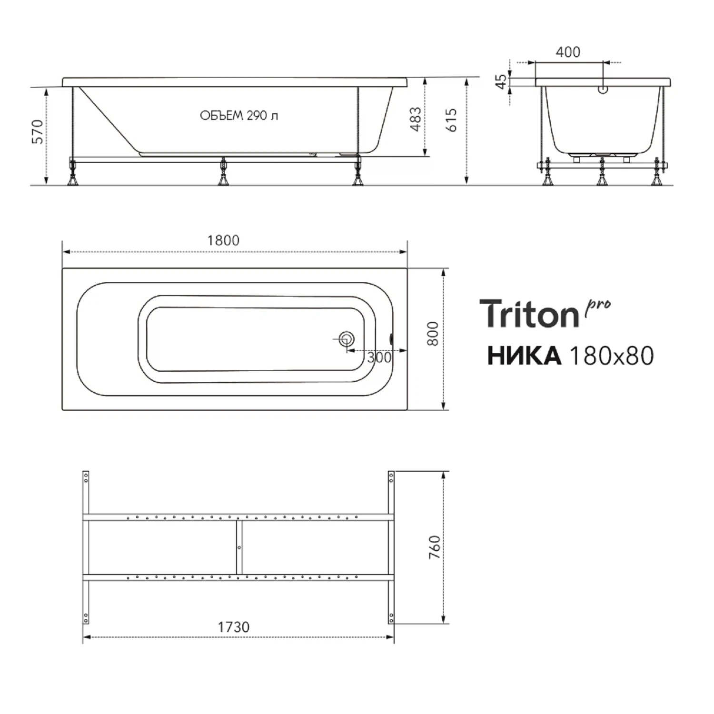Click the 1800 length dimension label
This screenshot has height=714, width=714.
pos(223,240)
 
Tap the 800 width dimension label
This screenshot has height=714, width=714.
pos(433,334)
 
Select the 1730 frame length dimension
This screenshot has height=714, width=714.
pos(234,627)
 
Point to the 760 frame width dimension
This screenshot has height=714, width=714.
pos(435,547)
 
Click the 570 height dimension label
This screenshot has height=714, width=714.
pos(38,132)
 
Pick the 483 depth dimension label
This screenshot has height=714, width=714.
pos(416,119)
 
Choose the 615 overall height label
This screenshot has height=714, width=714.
pos(451,120)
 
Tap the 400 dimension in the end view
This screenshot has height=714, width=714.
pos(568,52)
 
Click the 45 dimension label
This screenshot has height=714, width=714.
pos(501,81)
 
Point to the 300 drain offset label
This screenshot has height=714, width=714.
pos(379,357)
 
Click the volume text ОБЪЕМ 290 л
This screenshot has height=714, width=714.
pos(239,116)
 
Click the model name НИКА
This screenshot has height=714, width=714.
pos(524,356)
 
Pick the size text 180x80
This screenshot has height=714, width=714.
pos(612,356)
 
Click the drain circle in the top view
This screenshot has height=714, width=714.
pos(346,339)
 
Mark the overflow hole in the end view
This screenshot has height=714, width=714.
pos(603,89)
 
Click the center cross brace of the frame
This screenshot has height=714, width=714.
pos(239,547)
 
